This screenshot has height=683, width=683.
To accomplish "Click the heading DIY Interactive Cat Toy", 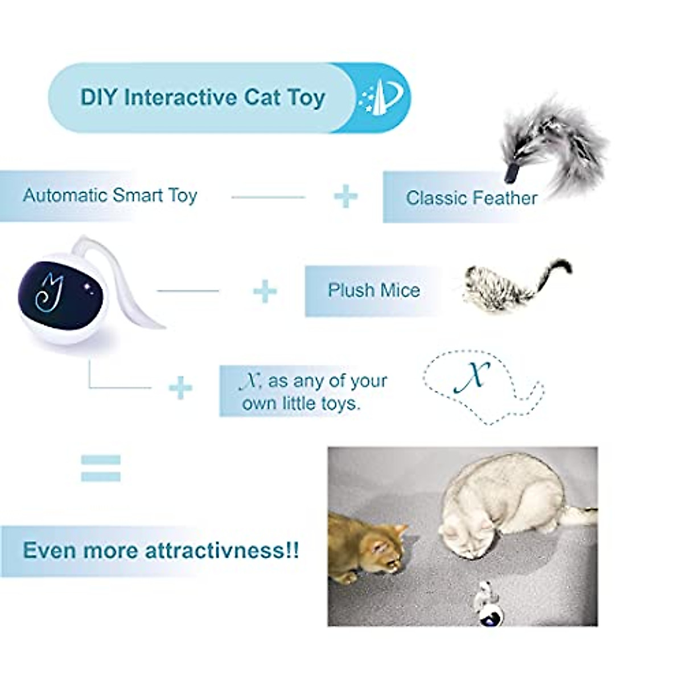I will point(202,97).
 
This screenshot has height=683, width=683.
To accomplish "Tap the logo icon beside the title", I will point(381,97).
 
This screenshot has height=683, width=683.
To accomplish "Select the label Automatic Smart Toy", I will point(110,195).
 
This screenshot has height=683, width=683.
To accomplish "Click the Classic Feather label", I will point(471,198).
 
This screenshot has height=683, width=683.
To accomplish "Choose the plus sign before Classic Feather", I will point(345,197).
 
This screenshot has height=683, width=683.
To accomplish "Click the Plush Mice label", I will point(373,290).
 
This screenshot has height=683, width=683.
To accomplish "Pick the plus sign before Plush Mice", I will point(265,291).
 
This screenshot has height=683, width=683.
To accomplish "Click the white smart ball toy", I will point(63,299).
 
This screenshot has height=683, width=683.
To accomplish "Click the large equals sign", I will point(101,468).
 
